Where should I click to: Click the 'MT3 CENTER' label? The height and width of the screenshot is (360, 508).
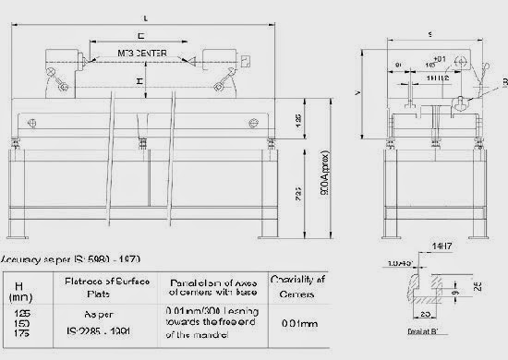click(141, 54)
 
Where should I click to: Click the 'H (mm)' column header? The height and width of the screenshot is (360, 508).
click(20, 289)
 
